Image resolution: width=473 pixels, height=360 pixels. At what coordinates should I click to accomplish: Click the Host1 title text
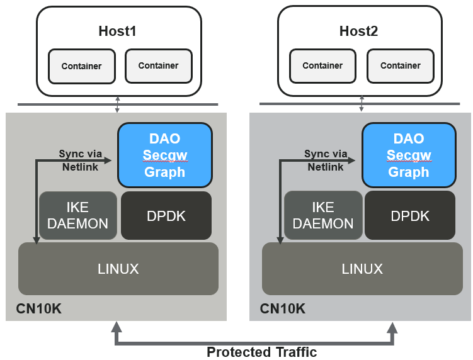click(x=118, y=31)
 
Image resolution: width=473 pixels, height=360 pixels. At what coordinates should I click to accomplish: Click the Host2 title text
click(x=358, y=31)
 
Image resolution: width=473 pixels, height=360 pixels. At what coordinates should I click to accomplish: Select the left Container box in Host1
click(x=81, y=66)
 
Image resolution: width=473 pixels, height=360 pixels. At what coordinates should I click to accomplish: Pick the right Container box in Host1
click(x=158, y=65)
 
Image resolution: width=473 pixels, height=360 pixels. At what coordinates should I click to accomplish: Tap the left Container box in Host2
click(x=322, y=65)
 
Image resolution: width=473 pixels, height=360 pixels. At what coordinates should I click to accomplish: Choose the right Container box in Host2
click(x=400, y=65)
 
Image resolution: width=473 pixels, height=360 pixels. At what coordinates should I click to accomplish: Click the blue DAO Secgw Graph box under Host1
click(x=164, y=155)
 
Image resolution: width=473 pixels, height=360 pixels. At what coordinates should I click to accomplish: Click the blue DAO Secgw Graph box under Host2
click(x=408, y=155)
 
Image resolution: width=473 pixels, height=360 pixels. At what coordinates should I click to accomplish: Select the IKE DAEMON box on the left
click(x=78, y=215)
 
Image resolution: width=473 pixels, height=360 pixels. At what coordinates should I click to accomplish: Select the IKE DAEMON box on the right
click(x=322, y=215)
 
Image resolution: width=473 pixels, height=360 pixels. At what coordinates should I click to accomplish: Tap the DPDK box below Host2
click(x=409, y=215)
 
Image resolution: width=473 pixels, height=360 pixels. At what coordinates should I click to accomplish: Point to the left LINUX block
click(x=118, y=269)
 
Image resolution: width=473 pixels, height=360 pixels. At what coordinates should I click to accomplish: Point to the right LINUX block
click(x=362, y=269)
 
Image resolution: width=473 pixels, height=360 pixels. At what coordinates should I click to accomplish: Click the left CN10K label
click(x=39, y=309)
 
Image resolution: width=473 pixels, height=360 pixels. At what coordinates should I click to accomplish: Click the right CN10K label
click(x=283, y=309)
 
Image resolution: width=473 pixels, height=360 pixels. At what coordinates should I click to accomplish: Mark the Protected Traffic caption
click(x=261, y=352)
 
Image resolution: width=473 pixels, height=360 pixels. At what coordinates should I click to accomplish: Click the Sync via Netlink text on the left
click(x=80, y=160)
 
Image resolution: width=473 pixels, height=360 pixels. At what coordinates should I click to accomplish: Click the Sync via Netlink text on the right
click(x=325, y=160)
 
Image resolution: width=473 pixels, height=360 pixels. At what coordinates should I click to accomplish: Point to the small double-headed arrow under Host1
click(x=117, y=104)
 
